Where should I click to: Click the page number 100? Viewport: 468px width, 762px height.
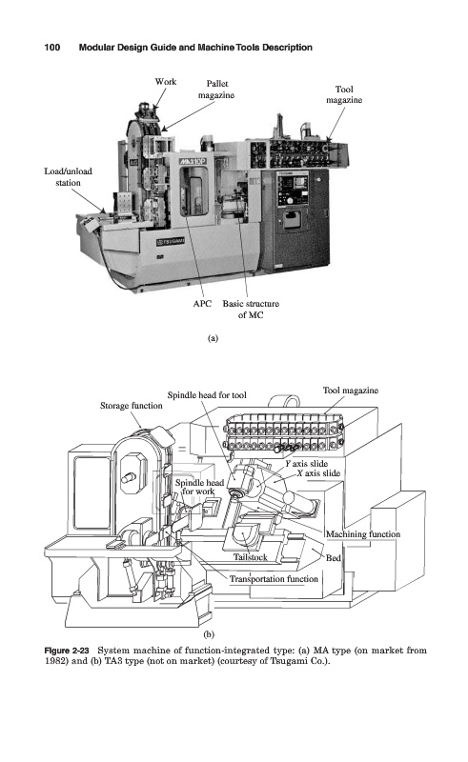pyautogui.click(x=52, y=47)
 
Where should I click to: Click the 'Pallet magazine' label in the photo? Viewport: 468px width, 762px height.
pyautogui.click(x=216, y=90)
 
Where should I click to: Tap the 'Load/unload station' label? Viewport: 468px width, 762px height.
pyautogui.click(x=68, y=177)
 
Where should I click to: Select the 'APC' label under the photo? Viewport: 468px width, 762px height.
pyautogui.click(x=202, y=304)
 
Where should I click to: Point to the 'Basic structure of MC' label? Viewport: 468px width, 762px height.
pyautogui.click(x=251, y=309)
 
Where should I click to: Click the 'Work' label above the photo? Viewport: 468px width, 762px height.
pyautogui.click(x=166, y=82)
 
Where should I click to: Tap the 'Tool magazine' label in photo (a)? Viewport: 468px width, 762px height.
pyautogui.click(x=344, y=94)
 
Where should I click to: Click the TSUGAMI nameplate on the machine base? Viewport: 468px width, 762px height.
pyautogui.click(x=171, y=242)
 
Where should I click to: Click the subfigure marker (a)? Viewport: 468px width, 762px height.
pyautogui.click(x=213, y=338)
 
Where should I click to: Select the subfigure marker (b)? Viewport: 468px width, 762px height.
pyautogui.click(x=208, y=634)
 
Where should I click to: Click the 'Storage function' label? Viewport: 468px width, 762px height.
pyautogui.click(x=132, y=406)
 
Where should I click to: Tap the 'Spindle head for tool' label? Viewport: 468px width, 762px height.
pyautogui.click(x=207, y=395)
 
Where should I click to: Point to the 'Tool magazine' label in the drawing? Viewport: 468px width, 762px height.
pyautogui.click(x=350, y=391)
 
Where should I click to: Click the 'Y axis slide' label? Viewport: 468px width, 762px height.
pyautogui.click(x=307, y=464)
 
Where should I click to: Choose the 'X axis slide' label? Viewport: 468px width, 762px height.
pyautogui.click(x=318, y=472)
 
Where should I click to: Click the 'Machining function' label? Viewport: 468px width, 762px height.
pyautogui.click(x=363, y=534)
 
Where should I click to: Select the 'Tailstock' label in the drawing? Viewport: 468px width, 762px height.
pyautogui.click(x=250, y=557)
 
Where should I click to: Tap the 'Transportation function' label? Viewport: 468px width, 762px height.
pyautogui.click(x=274, y=579)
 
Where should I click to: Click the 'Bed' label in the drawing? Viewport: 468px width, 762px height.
pyautogui.click(x=334, y=558)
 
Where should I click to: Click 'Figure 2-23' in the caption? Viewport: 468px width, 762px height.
pyautogui.click(x=67, y=651)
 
